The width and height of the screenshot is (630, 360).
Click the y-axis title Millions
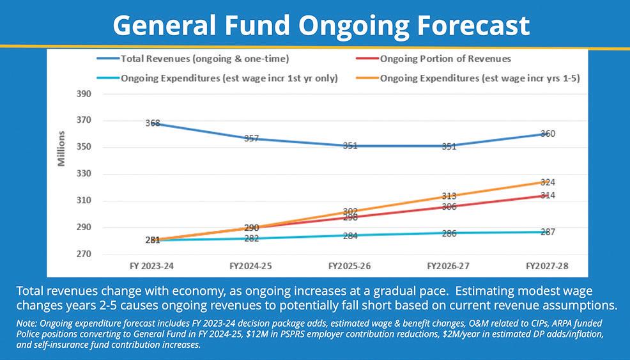point(62,148)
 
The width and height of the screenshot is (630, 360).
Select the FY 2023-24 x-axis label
point(151,264)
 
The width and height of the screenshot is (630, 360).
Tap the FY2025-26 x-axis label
point(350,264)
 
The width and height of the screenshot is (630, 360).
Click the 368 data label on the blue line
point(152,123)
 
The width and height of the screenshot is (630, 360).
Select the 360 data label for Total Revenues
point(548,134)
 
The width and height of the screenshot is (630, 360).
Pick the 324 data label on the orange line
point(548,182)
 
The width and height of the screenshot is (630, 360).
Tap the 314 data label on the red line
point(548,195)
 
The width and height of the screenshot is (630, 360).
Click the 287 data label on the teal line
point(548,231)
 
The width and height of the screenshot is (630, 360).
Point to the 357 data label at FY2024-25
point(251,138)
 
